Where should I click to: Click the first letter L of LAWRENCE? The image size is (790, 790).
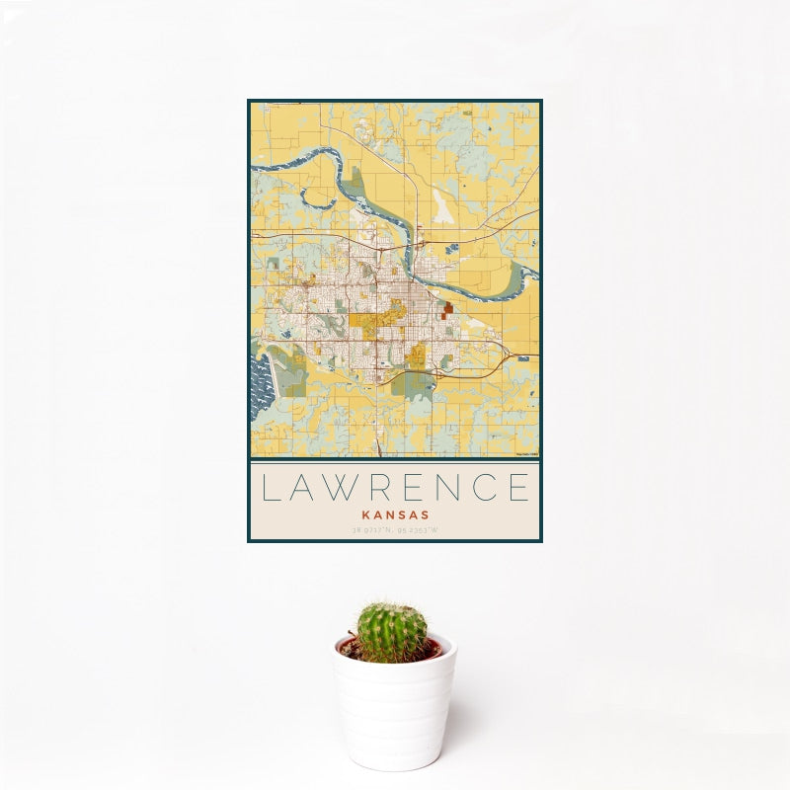pos(271,488)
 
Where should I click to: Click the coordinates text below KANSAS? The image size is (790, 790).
pos(394,531)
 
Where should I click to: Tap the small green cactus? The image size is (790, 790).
pos(392,633)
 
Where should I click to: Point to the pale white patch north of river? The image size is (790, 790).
pos(443,208)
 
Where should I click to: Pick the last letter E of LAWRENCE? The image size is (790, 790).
pos(516,488)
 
